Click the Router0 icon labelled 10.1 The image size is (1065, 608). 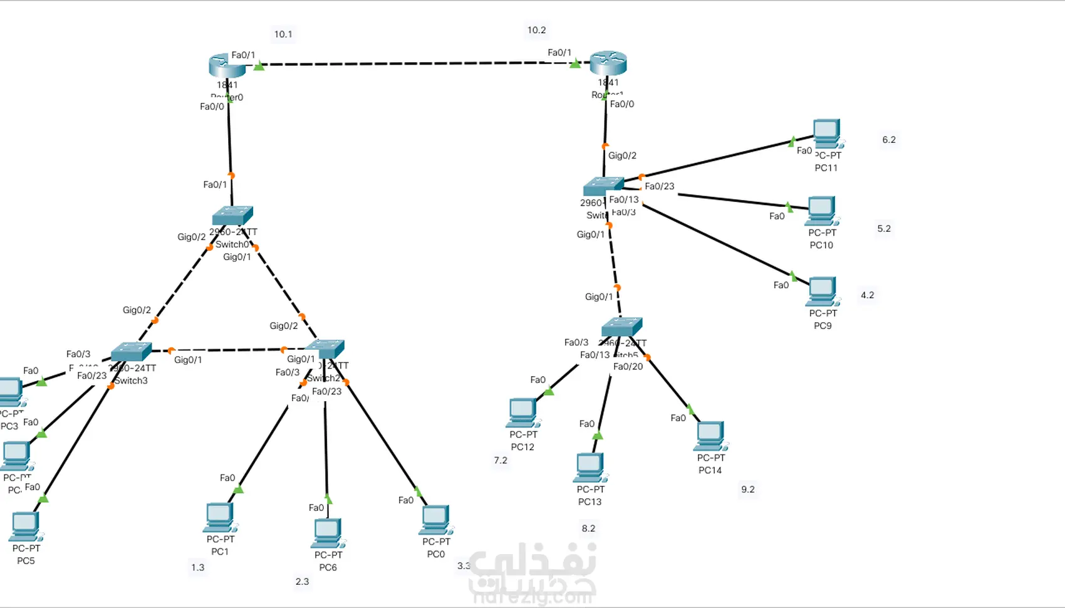tap(227, 65)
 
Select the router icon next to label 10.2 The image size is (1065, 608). tap(608, 63)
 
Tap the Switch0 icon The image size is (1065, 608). tap(232, 216)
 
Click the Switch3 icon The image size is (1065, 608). tap(131, 352)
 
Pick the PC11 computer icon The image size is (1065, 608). tap(827, 133)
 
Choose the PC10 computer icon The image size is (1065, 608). tap(822, 211)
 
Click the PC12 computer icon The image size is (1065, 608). tap(522, 412)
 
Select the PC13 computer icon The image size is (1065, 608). tap(590, 467)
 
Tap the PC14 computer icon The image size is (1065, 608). tap(710, 436)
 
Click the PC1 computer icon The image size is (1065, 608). tap(220, 517)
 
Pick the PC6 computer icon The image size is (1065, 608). tap(328, 533)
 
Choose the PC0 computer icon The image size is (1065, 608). tap(435, 520)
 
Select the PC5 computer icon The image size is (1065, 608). tap(26, 526)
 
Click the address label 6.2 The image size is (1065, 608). tap(889, 140)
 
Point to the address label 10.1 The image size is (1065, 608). tap(283, 34)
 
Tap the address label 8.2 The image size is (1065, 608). tap(588, 528)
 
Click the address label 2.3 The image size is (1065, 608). tap(302, 582)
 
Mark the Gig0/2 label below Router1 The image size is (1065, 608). tap(622, 155)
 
